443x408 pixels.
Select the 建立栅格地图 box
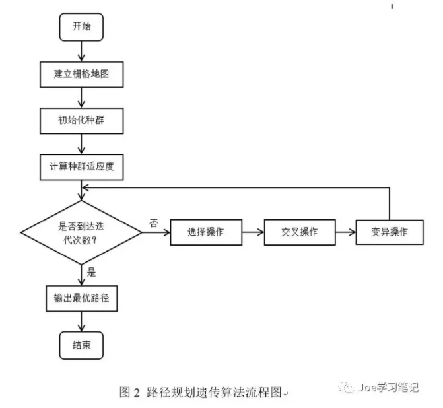point(81,74)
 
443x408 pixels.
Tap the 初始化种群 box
point(81,120)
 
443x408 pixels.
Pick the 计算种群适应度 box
point(81,166)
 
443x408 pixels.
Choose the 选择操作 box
point(205,232)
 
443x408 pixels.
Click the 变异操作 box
point(389,232)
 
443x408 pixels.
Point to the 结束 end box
point(81,345)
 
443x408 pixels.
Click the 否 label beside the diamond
point(153,223)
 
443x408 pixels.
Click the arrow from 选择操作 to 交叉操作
point(252,232)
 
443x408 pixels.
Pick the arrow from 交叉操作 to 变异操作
point(345,232)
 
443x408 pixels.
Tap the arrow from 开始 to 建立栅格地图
point(81,50)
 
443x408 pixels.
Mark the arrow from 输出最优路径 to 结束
point(81,322)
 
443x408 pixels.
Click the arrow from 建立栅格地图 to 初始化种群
point(81,97)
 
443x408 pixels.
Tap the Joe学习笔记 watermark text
point(389,388)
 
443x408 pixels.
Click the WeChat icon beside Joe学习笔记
point(347,388)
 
